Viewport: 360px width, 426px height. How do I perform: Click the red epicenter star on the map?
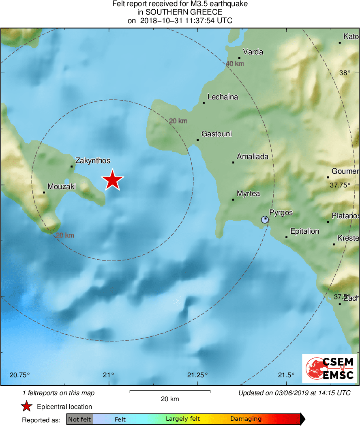point(112,180)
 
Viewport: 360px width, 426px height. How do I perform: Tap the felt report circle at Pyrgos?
point(265,219)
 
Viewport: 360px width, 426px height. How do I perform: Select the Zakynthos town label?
point(93,161)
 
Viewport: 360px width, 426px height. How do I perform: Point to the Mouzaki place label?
point(62,187)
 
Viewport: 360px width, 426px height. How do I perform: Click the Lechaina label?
point(223,97)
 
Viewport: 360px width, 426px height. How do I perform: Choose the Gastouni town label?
point(216,133)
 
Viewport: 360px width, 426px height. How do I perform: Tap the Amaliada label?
point(253,156)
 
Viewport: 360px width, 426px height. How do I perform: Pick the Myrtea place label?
point(249,194)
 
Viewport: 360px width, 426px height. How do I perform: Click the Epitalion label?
point(305,231)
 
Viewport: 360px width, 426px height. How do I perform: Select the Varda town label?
point(253,52)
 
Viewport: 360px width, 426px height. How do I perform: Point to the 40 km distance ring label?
point(235,64)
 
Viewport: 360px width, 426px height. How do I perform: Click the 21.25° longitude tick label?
point(197,374)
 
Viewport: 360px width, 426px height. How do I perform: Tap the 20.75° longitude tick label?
point(20,374)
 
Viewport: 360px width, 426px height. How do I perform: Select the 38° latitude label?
point(345,73)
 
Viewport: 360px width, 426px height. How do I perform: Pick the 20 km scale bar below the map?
point(170,392)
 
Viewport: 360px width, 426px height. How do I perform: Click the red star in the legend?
point(26,407)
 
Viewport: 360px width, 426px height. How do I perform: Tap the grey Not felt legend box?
point(79,419)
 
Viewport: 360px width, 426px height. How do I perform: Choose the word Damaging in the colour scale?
point(246,419)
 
